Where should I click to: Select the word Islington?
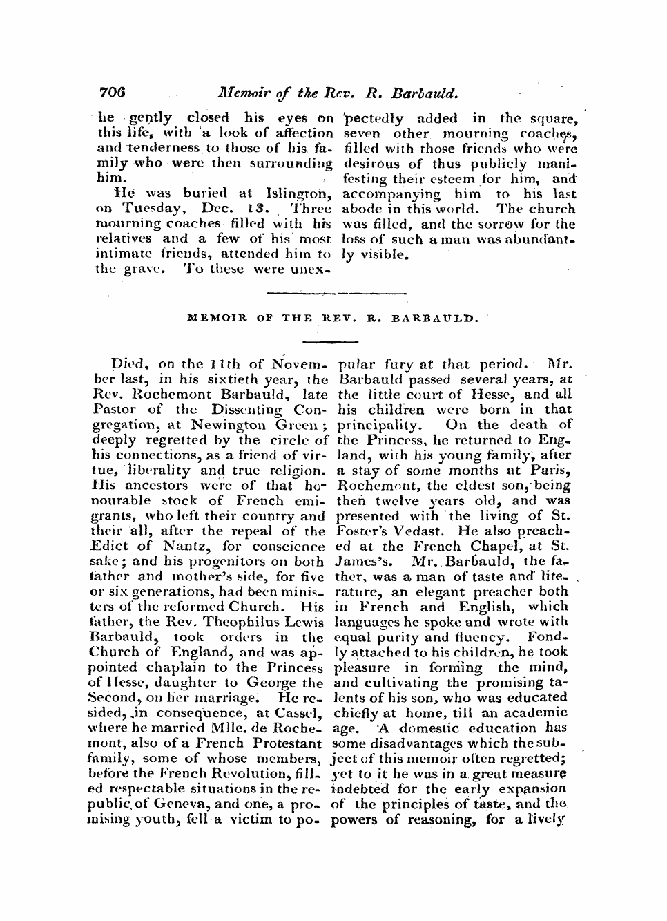pyautogui.click(x=301, y=194)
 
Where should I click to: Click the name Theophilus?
pyautogui.click(x=238, y=623)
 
